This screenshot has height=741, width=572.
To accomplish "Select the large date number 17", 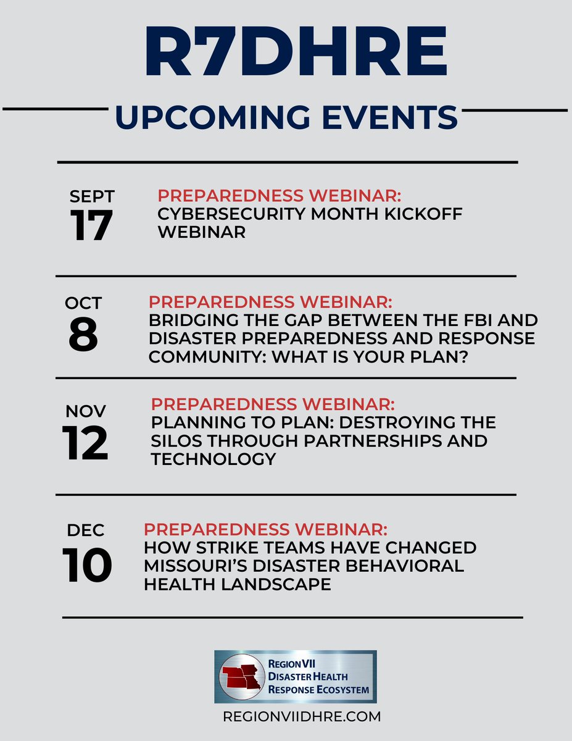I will pyautogui.click(x=91, y=225).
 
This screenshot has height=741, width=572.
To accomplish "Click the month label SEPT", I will pyautogui.click(x=92, y=196).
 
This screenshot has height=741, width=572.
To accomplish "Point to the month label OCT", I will pyautogui.click(x=83, y=303).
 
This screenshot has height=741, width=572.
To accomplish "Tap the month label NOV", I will pyautogui.click(x=85, y=411).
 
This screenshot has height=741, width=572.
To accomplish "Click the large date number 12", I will pyautogui.click(x=85, y=443).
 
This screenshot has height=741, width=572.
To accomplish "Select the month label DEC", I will pyautogui.click(x=86, y=530).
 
